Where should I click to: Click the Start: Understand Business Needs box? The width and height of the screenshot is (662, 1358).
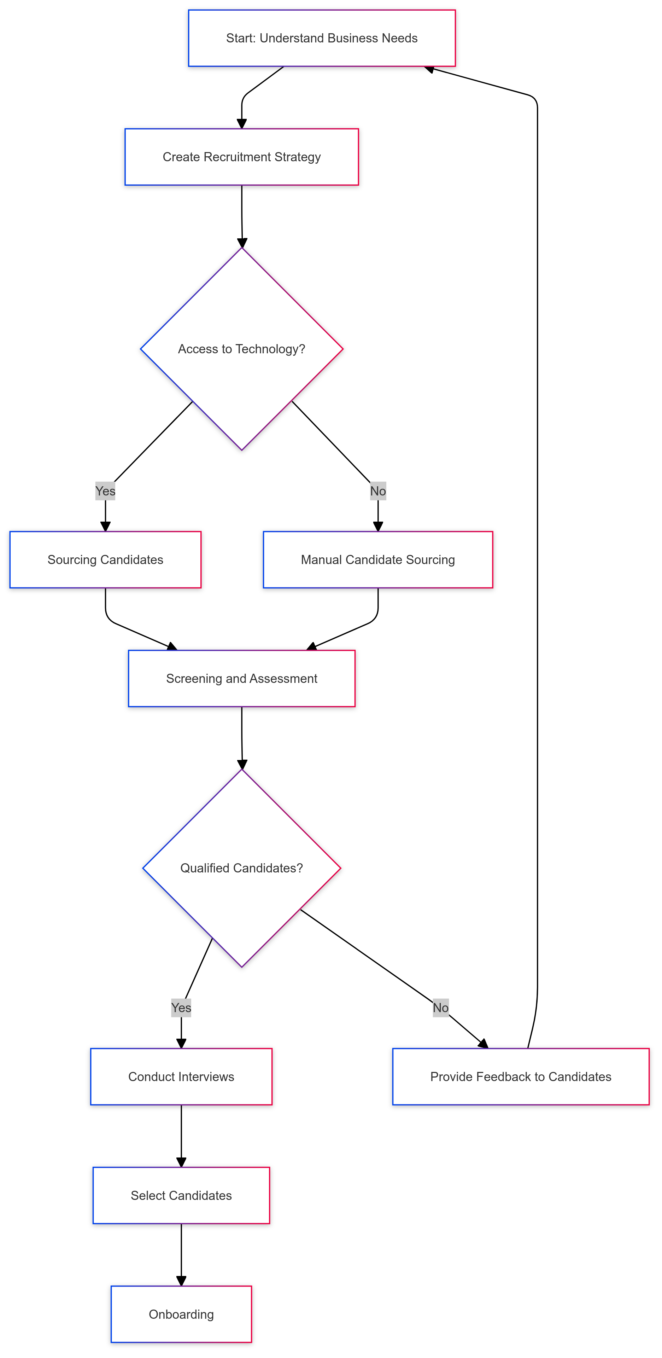tap(322, 38)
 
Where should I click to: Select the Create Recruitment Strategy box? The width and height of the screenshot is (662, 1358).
tap(241, 157)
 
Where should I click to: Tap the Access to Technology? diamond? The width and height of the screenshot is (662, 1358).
tap(241, 349)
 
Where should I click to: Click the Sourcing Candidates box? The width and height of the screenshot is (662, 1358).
tap(105, 559)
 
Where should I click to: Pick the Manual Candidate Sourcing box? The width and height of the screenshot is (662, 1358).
tap(377, 559)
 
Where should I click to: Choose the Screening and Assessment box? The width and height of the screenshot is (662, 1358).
tap(241, 679)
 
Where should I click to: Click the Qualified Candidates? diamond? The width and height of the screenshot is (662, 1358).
tap(241, 868)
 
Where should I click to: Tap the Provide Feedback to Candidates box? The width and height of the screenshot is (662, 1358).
tap(520, 1076)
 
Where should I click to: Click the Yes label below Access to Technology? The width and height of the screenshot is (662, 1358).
tap(105, 491)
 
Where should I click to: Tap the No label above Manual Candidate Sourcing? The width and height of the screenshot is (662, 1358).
tap(377, 491)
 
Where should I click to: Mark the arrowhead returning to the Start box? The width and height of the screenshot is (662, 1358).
tap(429, 69)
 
